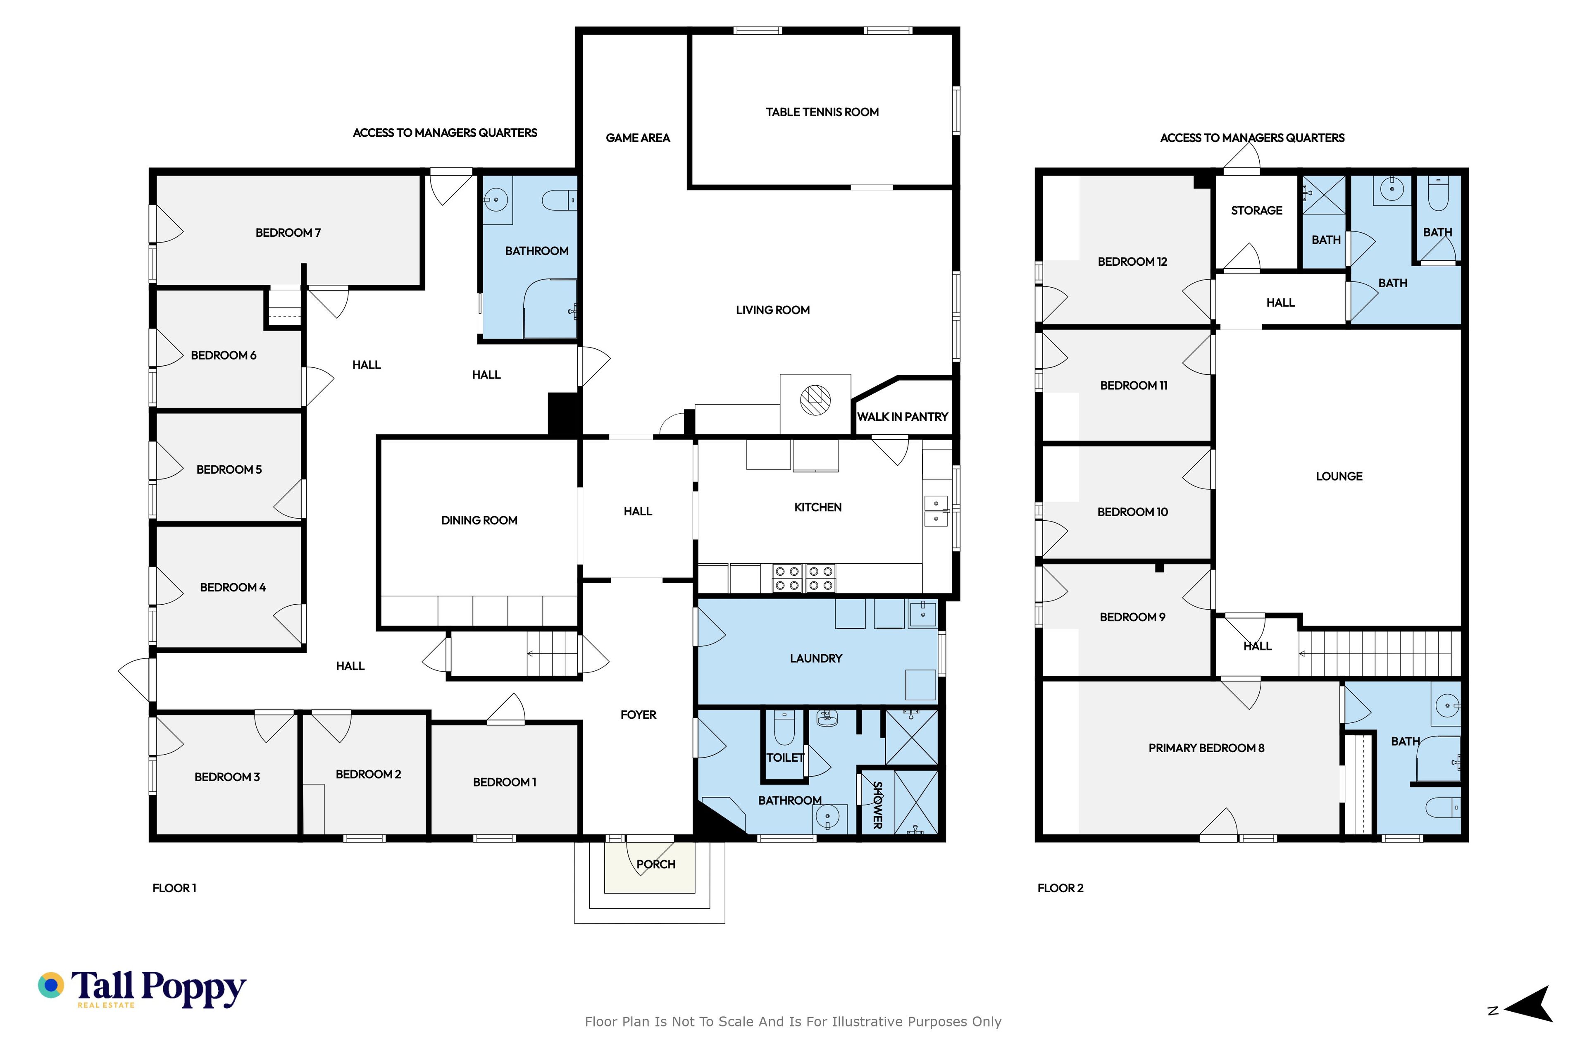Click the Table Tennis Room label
(822, 112)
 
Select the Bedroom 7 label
(288, 233)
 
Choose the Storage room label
(1256, 210)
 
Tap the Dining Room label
(479, 520)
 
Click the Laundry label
(816, 658)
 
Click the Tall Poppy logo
(142, 989)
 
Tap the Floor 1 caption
(174, 888)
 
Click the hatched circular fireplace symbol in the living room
(815, 400)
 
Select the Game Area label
(638, 138)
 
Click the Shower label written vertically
(877, 805)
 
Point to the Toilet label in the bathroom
(785, 758)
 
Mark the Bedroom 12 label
(1132, 262)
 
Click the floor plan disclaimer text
(793, 1022)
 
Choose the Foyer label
(638, 715)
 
